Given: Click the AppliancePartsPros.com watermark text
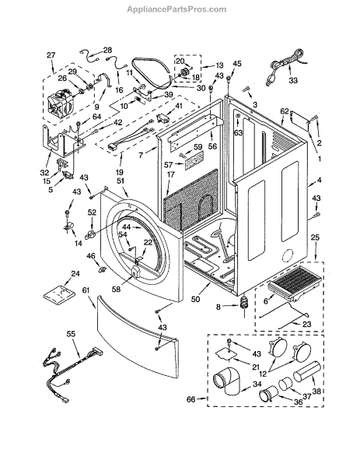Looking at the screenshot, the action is coord(177,9).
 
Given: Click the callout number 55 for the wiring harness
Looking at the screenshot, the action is coord(71,334).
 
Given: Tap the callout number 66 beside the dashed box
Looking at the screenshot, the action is coord(191,399).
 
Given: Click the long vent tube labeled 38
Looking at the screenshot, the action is coord(307,370).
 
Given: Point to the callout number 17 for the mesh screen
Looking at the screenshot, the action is coord(171,174).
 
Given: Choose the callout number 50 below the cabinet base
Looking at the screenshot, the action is coord(195,298).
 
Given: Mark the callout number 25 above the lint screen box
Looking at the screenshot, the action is coord(315,237).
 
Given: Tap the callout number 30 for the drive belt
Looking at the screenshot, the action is coord(201,88).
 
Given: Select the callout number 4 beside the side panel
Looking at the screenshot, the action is coord(319,180).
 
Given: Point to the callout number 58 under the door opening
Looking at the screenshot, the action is coord(117,289).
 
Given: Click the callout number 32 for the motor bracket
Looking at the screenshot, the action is coord(44,173).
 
